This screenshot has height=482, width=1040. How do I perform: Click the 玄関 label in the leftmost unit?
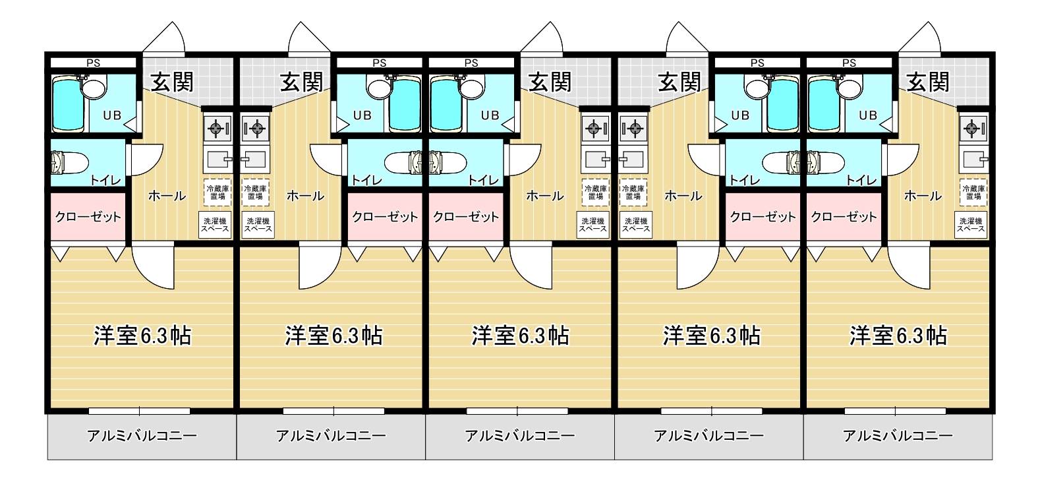pos(172,82)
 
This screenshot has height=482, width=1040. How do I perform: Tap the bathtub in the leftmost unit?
pos(69,104)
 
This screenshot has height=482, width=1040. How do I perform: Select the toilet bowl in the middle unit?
pos(448,162)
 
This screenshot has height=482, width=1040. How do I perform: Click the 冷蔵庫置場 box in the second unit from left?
pos(255,193)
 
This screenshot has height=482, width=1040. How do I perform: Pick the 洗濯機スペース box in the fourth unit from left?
pos(635,225)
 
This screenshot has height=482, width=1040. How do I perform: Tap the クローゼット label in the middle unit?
pos(466,217)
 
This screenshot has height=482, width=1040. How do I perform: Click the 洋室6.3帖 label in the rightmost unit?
pos(898,335)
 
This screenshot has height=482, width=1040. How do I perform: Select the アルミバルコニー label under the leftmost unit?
pos(142,436)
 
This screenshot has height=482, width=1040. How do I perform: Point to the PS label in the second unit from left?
pos(380,63)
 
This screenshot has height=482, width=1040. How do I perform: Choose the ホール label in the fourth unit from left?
pos(683,196)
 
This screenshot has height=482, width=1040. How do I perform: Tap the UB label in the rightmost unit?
pos(868,115)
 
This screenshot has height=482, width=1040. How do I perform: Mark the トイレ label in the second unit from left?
pos(366,180)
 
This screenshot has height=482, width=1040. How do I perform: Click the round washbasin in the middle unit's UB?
pos(472,88)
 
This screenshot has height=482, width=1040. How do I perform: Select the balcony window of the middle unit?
pos(517,411)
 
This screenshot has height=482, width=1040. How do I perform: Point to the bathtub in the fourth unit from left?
pos(783,104)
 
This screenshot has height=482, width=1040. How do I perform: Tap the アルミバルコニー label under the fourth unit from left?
pos(709,436)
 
